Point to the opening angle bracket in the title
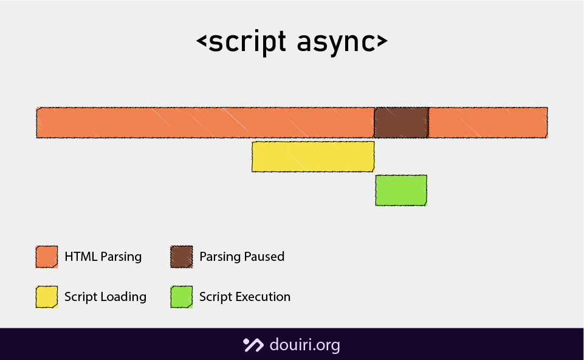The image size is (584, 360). point(202,42)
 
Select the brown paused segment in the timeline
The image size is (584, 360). point(401,122)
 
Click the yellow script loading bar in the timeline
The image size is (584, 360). point(313,156)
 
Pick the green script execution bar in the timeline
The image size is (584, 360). point(401,190)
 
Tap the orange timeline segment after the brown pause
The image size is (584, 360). point(488,122)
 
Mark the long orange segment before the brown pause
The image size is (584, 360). point(205,122)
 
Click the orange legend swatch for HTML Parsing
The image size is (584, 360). point(47,257)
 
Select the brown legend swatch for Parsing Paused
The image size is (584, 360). point(182,257)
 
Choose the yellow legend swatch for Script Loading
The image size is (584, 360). point(47,297)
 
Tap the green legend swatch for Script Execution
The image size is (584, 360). point(182,297)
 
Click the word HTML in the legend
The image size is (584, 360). point(81,257)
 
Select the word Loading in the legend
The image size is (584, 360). point(124,297)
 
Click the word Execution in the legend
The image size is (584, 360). point(263,297)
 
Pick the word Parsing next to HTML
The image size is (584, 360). point(121,257)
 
